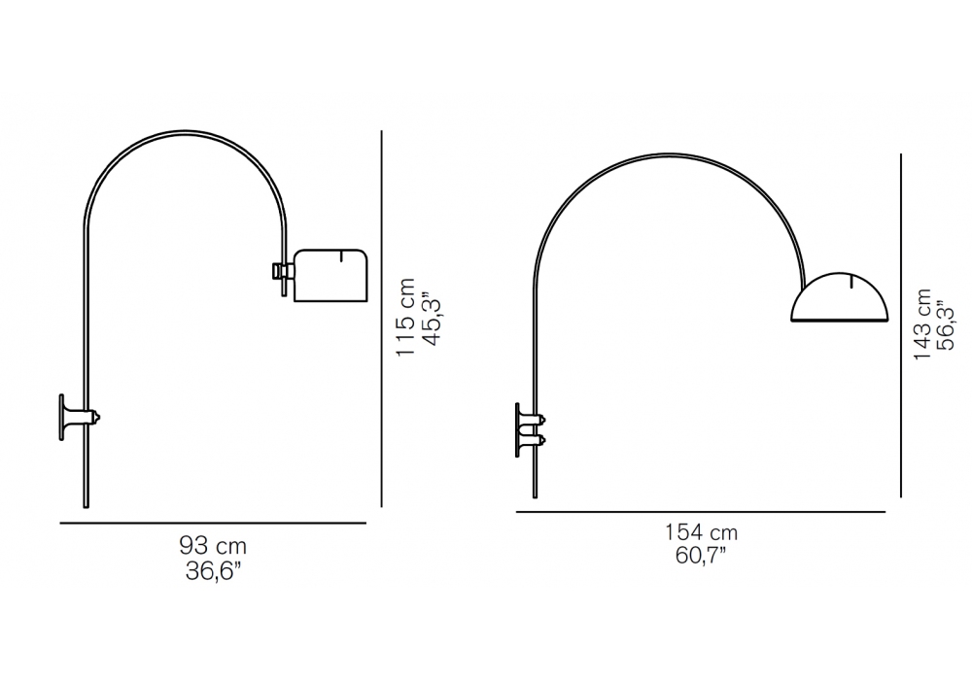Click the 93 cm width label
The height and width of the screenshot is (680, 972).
(213, 546)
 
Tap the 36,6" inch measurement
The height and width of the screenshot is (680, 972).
(213, 571)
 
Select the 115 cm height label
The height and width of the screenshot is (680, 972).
(406, 317)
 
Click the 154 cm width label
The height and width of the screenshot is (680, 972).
(701, 532)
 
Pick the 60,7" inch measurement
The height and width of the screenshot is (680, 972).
(701, 556)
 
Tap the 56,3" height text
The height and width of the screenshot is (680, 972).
(948, 325)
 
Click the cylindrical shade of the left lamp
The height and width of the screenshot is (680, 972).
(330, 276)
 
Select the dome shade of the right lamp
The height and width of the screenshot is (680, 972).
(840, 297)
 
